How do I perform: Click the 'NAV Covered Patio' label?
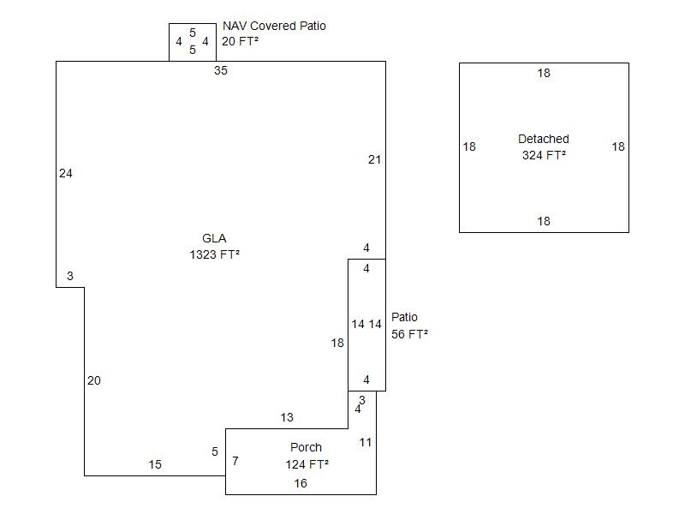274,27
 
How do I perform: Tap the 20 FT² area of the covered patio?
240,41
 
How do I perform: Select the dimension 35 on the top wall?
221,71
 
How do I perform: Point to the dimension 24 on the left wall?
66,174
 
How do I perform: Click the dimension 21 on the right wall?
374,160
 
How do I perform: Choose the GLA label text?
214,239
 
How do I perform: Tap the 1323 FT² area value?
214,254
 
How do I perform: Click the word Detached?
544,140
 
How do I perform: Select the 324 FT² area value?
544,156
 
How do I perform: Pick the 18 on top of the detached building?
544,74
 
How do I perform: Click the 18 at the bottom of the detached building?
544,222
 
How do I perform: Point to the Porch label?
306,448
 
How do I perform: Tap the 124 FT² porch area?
307,464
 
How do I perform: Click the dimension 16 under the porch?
301,484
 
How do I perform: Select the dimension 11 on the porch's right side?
366,443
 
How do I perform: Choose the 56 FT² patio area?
409,335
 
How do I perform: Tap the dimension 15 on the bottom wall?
155,465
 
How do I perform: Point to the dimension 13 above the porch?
287,418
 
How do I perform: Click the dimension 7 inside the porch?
235,462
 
